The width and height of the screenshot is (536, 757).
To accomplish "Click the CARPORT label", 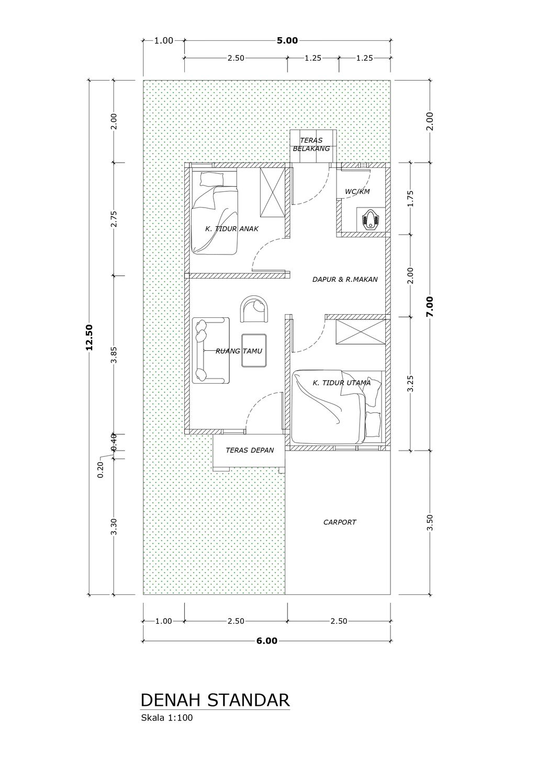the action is coord(340,522).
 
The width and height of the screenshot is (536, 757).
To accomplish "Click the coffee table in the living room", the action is coord(254,350).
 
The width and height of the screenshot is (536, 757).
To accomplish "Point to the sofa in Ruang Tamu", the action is coord(211,350).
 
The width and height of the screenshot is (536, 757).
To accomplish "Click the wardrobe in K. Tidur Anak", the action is coord(272,193).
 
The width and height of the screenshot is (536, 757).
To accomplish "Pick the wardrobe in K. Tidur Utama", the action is coord(360,332).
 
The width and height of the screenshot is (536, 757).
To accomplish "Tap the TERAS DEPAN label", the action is coord(250,450).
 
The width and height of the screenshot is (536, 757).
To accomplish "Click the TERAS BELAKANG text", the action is coord(311,144).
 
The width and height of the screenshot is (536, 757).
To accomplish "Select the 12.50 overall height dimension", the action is coord(90,337).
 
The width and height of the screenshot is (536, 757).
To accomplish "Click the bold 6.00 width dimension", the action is coord(266,641).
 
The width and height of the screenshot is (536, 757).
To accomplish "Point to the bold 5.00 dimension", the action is coord(287,41).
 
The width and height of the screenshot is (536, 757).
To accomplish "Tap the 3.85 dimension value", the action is coord(115,354).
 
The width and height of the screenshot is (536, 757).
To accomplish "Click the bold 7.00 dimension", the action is coord(430,306).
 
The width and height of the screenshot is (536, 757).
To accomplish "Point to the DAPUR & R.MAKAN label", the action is coord(345,280).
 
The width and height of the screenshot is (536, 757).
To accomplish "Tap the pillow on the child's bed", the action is coord(212,179).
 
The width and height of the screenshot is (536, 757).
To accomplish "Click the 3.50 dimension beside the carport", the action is coord(430,522).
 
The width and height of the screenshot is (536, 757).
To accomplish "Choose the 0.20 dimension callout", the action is coord(100,470).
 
